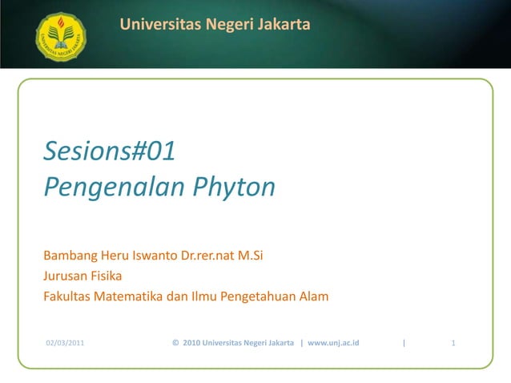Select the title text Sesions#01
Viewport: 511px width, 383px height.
click(109, 151)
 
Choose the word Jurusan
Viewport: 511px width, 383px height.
click(65, 277)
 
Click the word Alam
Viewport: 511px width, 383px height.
click(313, 296)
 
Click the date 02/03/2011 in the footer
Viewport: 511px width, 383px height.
click(65, 344)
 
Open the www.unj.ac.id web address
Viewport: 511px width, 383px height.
click(333, 344)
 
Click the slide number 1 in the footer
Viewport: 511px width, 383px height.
click(454, 344)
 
